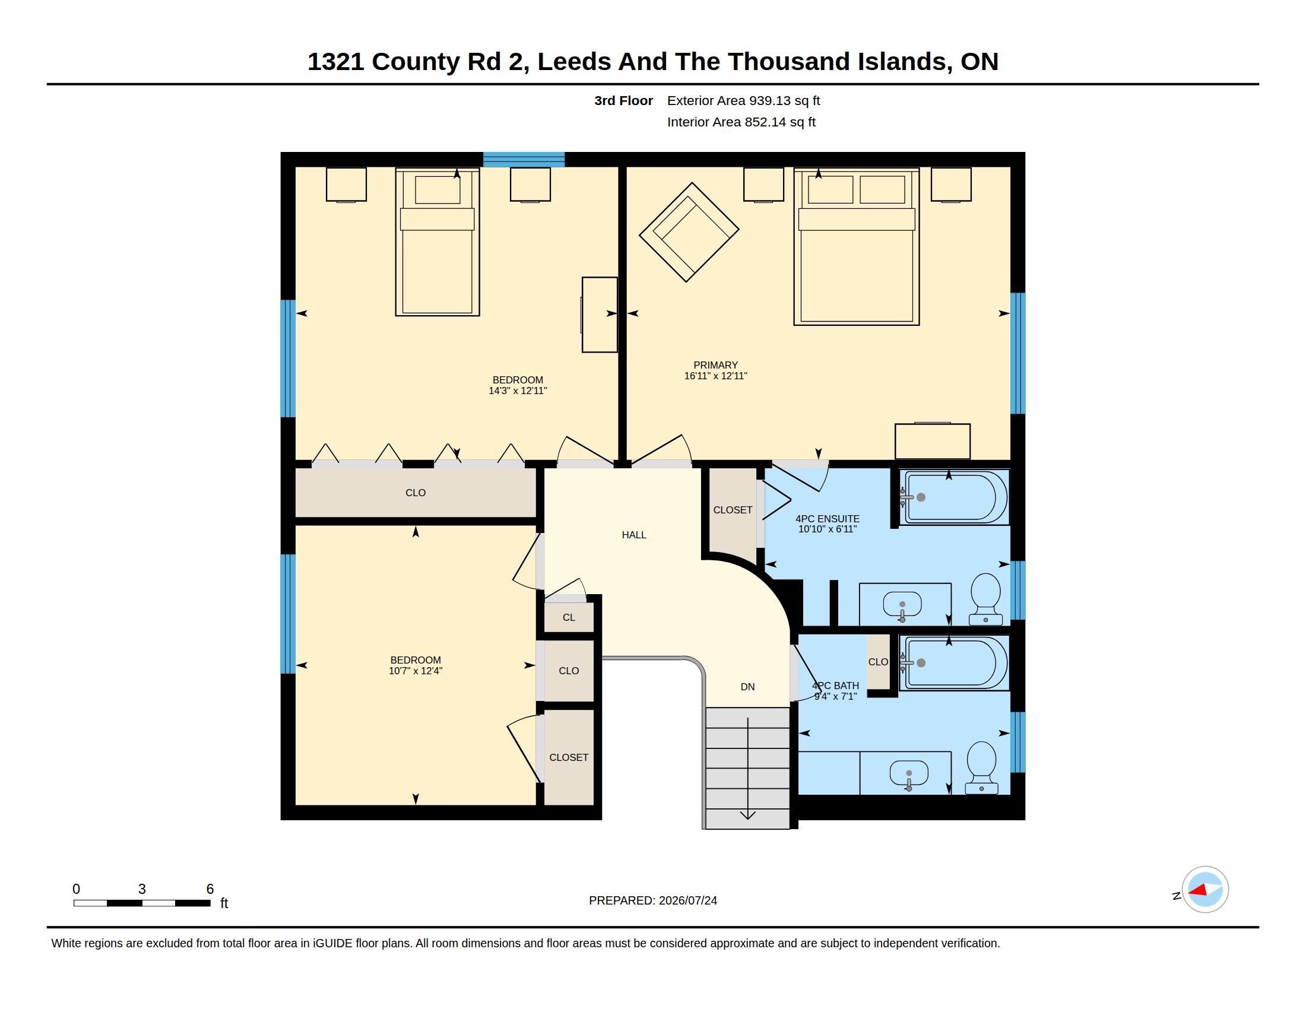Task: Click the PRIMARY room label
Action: [x=715, y=365]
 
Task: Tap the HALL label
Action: [x=634, y=535]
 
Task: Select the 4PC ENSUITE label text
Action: [x=828, y=519]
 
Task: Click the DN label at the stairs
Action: [x=747, y=687]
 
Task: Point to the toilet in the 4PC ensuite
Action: [x=985, y=599]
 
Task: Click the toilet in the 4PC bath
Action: [x=982, y=767]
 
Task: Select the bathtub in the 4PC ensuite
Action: [x=955, y=497]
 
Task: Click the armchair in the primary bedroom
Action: [x=689, y=232]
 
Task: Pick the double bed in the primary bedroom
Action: [x=856, y=247]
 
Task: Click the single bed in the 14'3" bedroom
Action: [x=437, y=242]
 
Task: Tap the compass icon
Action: [x=1205, y=890]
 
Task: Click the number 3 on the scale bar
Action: [x=142, y=889]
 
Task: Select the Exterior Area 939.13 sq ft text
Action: [x=743, y=100]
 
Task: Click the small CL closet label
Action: [x=569, y=617]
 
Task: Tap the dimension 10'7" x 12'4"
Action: [x=416, y=671]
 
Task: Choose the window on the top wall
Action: [x=524, y=159]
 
